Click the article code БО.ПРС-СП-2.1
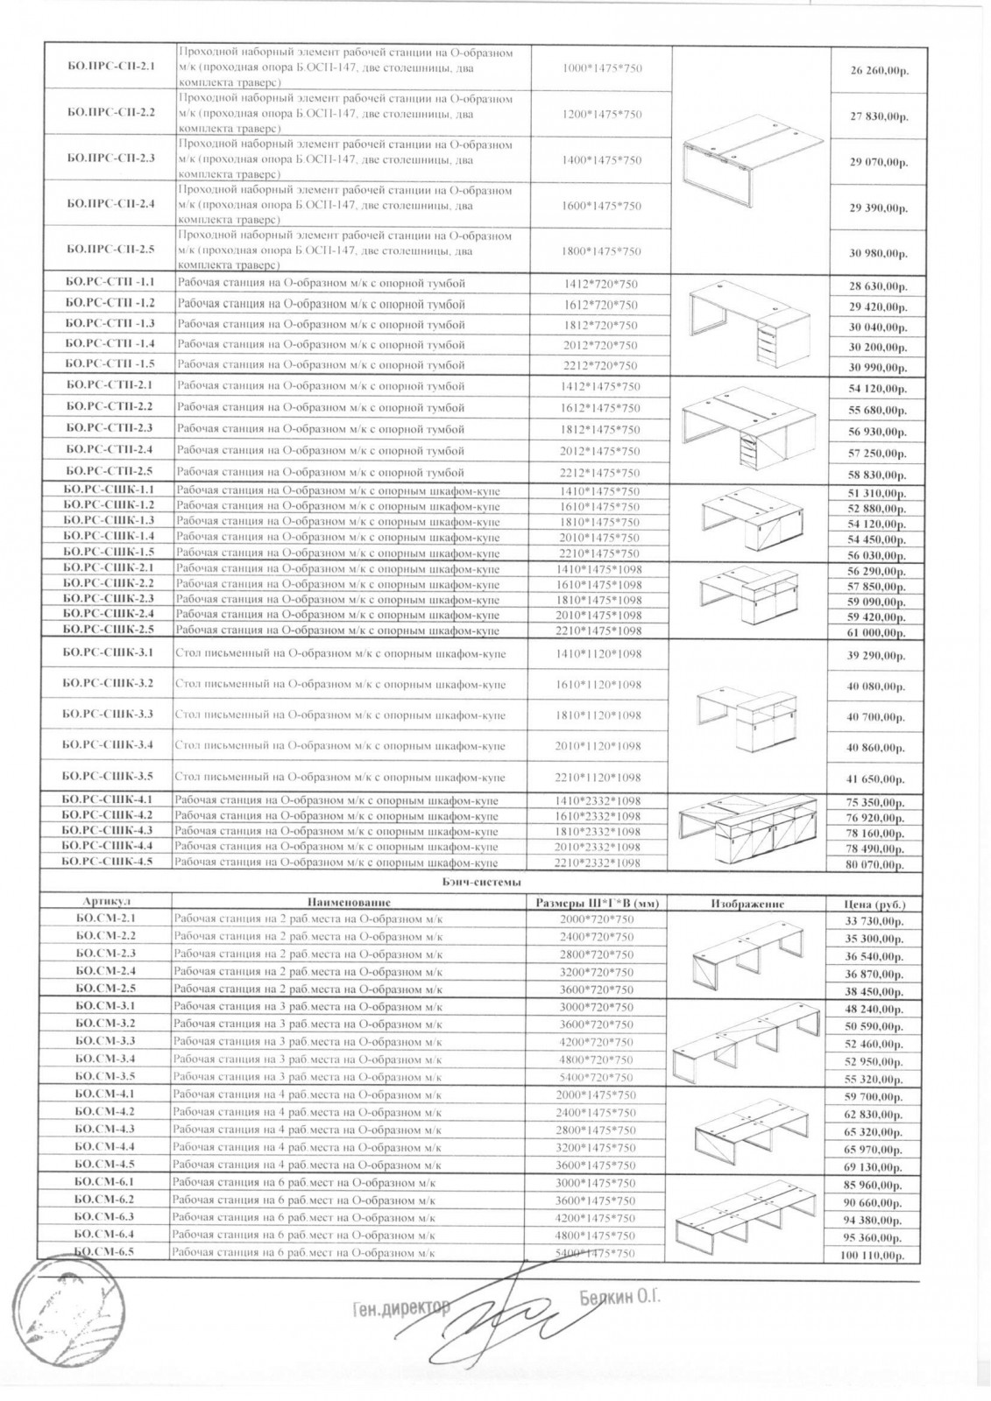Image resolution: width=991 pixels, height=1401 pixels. pyautogui.click(x=110, y=67)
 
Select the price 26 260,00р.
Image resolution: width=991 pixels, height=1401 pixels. pyautogui.click(x=878, y=71)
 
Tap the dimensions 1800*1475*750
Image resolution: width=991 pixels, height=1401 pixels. pyautogui.click(x=601, y=251)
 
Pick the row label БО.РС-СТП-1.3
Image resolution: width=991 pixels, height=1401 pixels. pyautogui.click(x=110, y=324)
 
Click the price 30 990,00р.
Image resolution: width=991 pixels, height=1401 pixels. pyautogui.click(x=878, y=368)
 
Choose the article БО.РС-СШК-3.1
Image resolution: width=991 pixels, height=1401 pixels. pyautogui.click(x=109, y=653)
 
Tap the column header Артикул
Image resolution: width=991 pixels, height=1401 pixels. pyautogui.click(x=105, y=902)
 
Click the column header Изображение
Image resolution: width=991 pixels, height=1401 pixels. pyautogui.click(x=747, y=904)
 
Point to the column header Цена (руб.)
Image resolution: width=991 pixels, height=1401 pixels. pyautogui.click(x=876, y=904)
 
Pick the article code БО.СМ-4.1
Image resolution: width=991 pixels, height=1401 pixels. pyautogui.click(x=104, y=1095)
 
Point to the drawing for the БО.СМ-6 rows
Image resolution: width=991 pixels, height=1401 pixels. pyautogui.click(x=747, y=1217)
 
